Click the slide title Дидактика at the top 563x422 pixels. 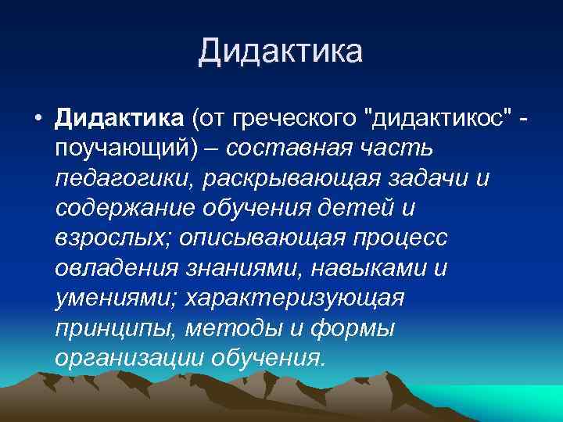(281, 52)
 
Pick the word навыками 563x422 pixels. (368, 269)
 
